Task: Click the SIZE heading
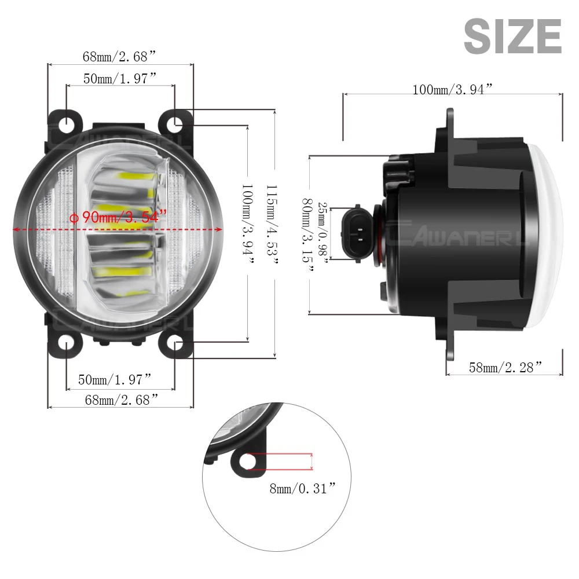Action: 512,36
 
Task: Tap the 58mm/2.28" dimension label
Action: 505,366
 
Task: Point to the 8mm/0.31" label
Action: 303,489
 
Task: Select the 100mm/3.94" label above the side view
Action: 452,89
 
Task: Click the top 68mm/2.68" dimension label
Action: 120,56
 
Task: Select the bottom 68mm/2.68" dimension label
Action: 120,400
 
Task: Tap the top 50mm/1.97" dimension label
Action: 120,78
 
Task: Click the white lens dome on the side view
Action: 547,232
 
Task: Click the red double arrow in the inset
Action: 313,461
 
